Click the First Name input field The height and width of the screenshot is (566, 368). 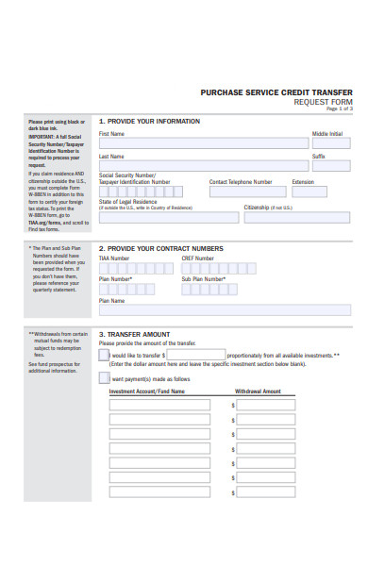coord(203,145)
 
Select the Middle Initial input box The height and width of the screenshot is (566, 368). coord(331,145)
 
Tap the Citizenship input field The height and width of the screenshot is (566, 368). coord(297,217)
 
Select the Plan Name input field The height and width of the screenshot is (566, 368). coord(225,309)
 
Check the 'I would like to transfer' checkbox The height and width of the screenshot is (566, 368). coord(104,356)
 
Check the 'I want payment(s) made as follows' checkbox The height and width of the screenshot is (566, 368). coord(104,378)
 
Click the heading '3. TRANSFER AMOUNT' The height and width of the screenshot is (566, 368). coord(135,334)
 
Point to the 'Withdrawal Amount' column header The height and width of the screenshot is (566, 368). coord(258,391)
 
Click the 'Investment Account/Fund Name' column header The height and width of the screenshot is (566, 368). coord(147,391)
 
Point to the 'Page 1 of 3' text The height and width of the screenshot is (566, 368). coord(339,108)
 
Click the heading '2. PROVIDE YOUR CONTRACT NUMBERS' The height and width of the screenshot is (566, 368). coord(161,249)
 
